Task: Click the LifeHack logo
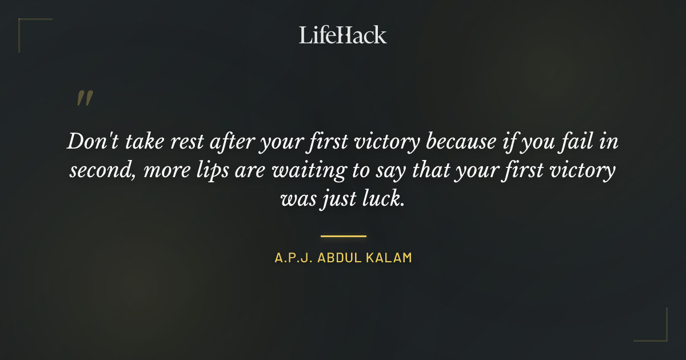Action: [x=343, y=35]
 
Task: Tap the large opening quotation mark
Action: [x=85, y=98]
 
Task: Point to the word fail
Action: [x=577, y=141]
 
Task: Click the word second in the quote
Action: [x=100, y=171]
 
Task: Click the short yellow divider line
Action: [x=343, y=235]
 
